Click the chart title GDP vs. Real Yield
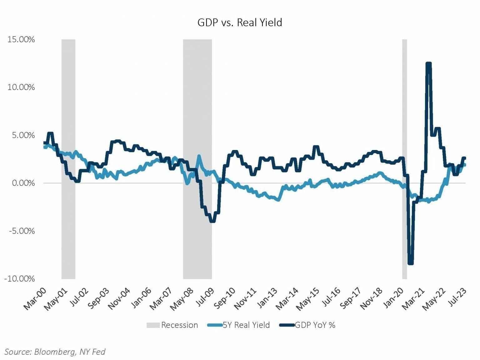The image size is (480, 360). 240,22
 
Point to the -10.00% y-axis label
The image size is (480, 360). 19,279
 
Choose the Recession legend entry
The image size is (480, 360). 172,325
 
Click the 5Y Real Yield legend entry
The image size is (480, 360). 239,325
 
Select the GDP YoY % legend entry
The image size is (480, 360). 307,325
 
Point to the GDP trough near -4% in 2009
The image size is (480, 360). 212,221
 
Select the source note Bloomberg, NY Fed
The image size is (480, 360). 55,352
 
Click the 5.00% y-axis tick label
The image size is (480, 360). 21,135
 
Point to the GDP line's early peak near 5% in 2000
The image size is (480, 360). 50,133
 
